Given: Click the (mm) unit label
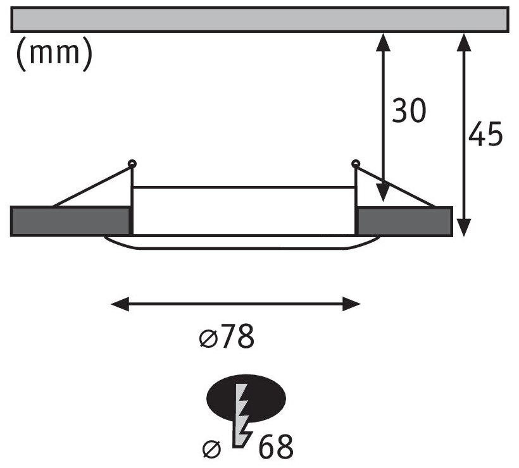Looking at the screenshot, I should pos(54,55).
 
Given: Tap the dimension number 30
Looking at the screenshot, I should pos(408,111).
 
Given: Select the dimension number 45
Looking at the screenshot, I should pos(485,135).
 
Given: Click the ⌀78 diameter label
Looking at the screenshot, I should pos(226,339).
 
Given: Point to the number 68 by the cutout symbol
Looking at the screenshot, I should pos(276,447).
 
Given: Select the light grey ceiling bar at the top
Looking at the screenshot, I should pos(259,19).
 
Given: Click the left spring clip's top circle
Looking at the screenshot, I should pos(132,164).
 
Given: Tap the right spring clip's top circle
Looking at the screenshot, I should pos(356,164).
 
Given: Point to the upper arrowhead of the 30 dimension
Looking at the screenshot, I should pos(382,39).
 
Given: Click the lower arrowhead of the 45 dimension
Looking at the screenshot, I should pos(465,228).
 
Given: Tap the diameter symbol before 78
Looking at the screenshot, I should pos(206,340).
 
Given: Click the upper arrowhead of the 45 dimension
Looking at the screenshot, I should pos(465,39).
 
